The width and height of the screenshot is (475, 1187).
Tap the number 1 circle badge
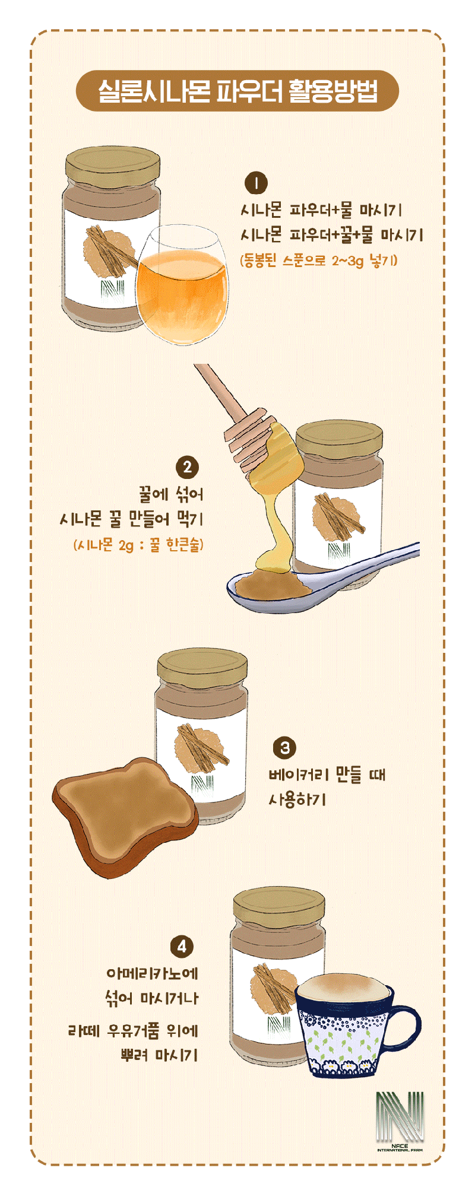pos(256,183)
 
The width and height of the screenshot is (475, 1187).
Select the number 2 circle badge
pos(188,467)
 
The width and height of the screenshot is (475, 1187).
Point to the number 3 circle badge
pos(285,748)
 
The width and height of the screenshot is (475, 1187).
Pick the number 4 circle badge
pos(182,946)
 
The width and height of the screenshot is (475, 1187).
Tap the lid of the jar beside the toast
pos(202,667)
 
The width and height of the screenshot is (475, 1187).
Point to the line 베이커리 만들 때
pos(327,775)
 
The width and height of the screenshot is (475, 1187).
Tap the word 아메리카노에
pos(152,973)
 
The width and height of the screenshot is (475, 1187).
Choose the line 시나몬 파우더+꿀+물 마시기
pos(332,235)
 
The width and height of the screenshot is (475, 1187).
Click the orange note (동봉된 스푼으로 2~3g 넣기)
pos(319,261)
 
